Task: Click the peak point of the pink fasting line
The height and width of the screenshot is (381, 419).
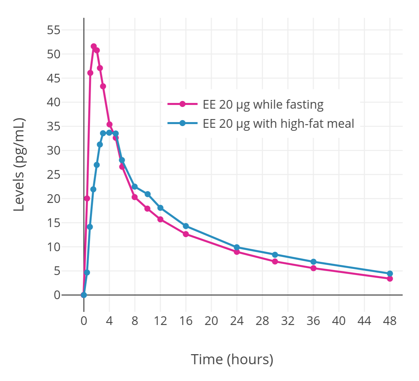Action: [x=94, y=46]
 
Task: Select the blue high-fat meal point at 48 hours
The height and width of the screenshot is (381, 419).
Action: [x=390, y=274]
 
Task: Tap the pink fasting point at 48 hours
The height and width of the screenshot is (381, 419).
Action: [x=390, y=279]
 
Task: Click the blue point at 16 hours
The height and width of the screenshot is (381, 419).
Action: [x=186, y=226]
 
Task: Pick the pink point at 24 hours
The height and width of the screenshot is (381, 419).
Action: [x=237, y=252]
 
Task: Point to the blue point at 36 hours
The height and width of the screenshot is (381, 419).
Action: [x=313, y=262]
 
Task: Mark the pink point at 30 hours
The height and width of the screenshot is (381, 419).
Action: [x=275, y=262]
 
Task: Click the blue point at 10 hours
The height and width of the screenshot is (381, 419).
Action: [x=148, y=194]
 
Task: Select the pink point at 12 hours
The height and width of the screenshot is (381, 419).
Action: [x=160, y=219]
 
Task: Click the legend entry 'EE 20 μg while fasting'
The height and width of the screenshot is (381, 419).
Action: [x=263, y=104]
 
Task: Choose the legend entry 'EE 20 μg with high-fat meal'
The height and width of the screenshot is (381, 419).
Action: [x=278, y=123]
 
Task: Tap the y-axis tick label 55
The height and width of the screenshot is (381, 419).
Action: [x=54, y=30]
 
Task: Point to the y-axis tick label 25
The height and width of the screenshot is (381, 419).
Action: [x=54, y=174]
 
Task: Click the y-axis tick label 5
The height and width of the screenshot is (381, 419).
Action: [x=57, y=271]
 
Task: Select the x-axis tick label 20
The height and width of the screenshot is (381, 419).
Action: [x=211, y=321]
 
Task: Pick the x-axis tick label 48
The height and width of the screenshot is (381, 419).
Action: [x=390, y=321]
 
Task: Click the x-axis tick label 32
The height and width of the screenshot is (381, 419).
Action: [x=288, y=321]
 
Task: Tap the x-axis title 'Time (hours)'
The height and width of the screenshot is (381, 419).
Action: [x=232, y=359]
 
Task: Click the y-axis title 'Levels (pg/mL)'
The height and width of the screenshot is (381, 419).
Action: [x=19, y=164]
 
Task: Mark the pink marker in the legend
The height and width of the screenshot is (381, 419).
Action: [x=182, y=104]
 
